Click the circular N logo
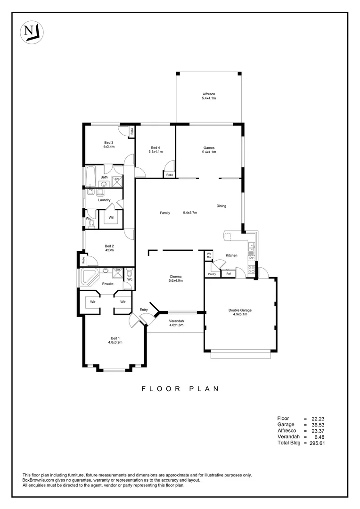[x=31, y=33]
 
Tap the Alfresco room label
[x=209, y=94]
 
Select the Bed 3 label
[x=109, y=142]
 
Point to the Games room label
[x=209, y=148]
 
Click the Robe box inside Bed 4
[x=169, y=174]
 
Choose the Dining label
[x=221, y=206]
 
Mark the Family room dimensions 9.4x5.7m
[x=190, y=213]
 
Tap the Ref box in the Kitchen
[x=229, y=274]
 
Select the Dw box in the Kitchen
[x=252, y=258]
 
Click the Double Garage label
[x=240, y=310]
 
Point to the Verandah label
[x=176, y=321]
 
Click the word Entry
[x=144, y=310]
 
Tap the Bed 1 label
[x=115, y=338]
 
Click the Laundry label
[x=104, y=200]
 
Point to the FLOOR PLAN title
[x=180, y=389]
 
